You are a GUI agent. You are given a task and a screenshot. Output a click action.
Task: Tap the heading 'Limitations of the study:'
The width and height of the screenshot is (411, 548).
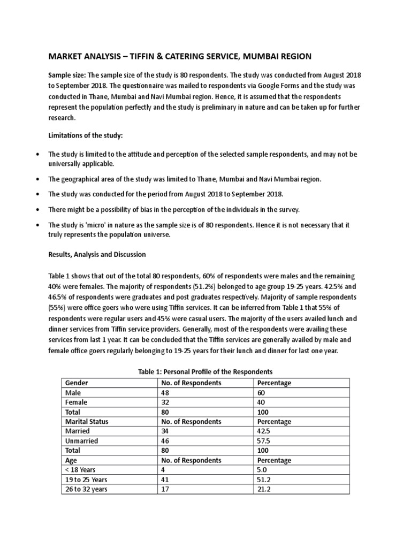[86, 136]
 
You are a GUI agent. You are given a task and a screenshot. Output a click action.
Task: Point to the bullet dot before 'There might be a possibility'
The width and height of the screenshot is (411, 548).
[36, 209]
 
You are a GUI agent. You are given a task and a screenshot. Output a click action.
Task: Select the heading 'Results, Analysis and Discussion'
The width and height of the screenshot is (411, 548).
[97, 254]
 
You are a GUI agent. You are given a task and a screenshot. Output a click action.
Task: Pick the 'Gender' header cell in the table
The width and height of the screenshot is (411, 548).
[76, 383]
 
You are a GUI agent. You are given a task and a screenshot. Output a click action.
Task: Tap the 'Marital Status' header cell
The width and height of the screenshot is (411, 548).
[86, 422]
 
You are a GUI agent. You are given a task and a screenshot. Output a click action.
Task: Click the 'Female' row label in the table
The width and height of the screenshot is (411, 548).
[75, 402]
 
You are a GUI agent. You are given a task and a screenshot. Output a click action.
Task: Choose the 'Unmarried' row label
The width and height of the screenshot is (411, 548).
[81, 441]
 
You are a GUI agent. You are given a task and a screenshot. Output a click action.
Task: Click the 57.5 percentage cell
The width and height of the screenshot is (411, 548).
[265, 441]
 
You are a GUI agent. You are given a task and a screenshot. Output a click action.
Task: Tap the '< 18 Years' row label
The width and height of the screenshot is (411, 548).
[81, 470]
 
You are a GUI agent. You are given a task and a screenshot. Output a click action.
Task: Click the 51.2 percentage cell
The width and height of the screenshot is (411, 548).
[265, 479]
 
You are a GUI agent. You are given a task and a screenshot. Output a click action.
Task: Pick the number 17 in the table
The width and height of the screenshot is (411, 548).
[164, 489]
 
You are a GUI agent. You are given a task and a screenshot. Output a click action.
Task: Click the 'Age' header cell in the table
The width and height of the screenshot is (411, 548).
[71, 460]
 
